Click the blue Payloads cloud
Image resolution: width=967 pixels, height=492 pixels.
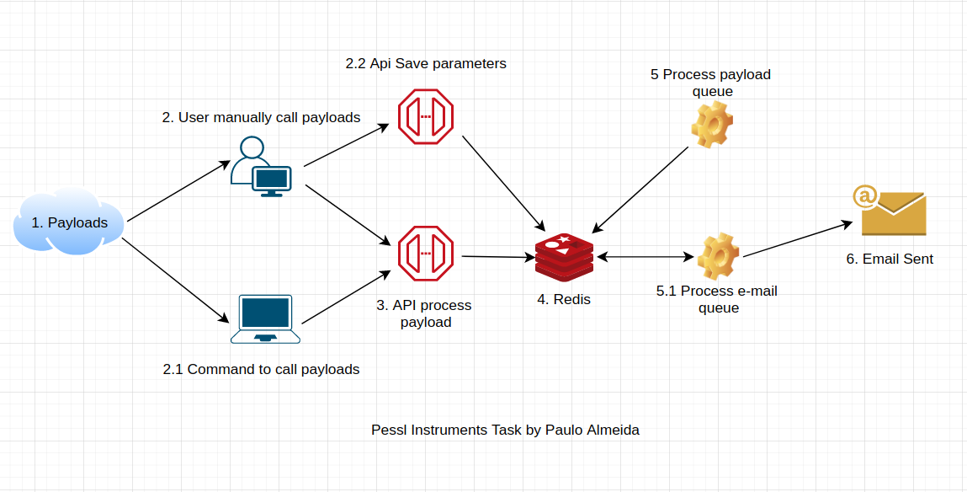[69, 222]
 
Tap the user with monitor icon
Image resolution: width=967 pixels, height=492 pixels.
[261, 167]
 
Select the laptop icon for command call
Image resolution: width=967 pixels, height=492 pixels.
[265, 319]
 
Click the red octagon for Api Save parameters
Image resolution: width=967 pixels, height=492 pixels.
[426, 116]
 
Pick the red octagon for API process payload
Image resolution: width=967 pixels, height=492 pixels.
[426, 254]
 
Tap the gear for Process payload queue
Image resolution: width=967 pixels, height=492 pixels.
[711, 124]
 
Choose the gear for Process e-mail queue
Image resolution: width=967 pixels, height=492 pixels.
[719, 257]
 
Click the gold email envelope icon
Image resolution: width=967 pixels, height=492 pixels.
[890, 211]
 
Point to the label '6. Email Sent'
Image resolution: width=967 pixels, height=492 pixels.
[890, 259]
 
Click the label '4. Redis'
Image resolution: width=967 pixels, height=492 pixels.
[564, 300]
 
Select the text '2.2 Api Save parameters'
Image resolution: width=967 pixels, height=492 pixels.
[426, 63]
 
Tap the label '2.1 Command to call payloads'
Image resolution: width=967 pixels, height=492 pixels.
[261, 370]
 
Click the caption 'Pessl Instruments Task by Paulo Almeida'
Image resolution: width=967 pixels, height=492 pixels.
[505, 430]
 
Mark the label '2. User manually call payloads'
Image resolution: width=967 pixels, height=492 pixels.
[261, 117]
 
